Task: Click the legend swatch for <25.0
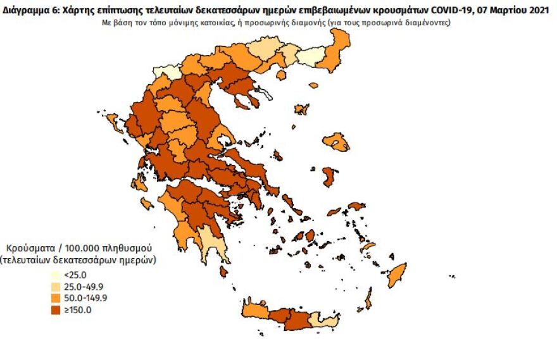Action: click(x=56, y=275)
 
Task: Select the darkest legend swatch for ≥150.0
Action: click(x=56, y=310)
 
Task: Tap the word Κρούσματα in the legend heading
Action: click(x=27, y=247)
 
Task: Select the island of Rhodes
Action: click(x=397, y=276)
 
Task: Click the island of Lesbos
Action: click(x=336, y=142)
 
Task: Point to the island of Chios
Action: click(x=329, y=177)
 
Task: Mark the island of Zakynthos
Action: click(x=147, y=203)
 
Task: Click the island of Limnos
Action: click(x=301, y=109)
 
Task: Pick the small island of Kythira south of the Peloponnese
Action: click(x=223, y=270)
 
